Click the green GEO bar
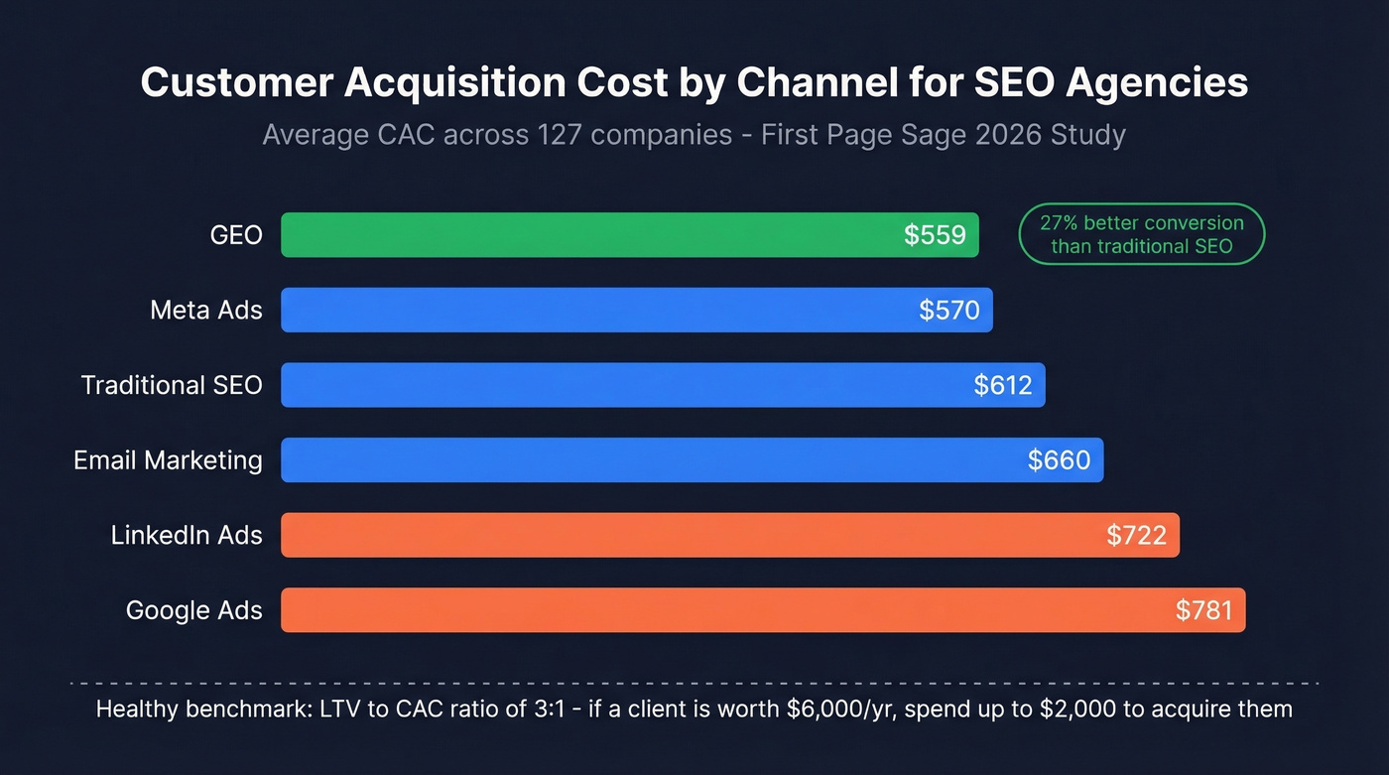(595, 235)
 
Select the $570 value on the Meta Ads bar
(948, 311)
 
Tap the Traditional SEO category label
(172, 385)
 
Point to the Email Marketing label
(168, 460)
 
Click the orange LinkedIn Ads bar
(694, 536)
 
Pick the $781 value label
(1203, 610)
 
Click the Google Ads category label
(193, 610)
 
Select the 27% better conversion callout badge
(1141, 234)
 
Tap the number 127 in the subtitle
(554, 134)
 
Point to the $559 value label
(935, 235)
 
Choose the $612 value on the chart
(1003, 385)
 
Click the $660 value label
(1059, 460)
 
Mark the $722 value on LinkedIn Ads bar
(1136, 536)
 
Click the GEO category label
(236, 235)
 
